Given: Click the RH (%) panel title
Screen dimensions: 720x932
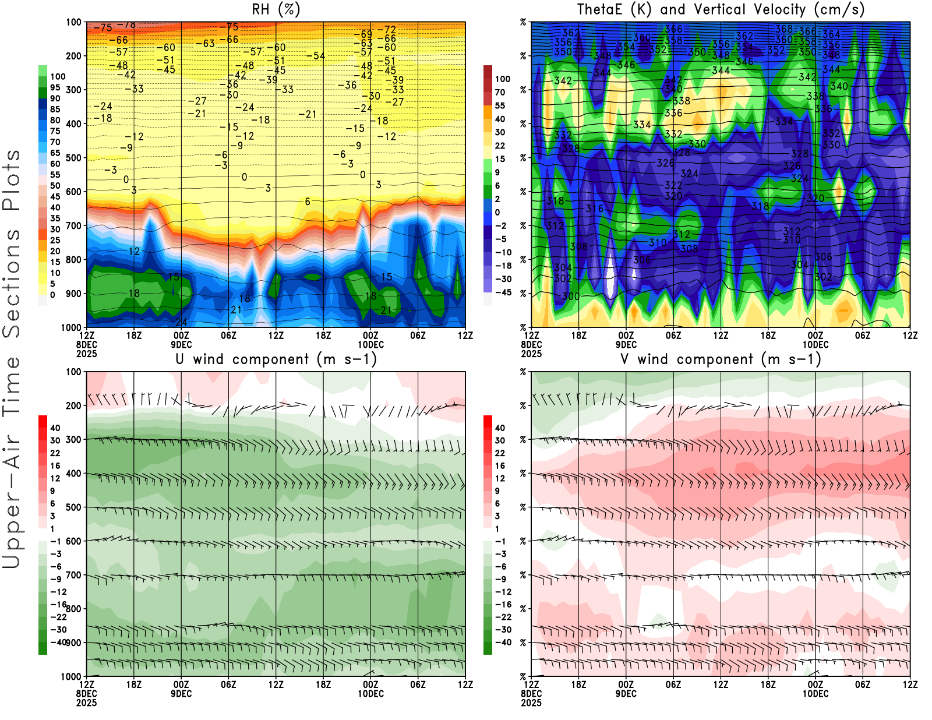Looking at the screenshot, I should pyautogui.click(x=276, y=10).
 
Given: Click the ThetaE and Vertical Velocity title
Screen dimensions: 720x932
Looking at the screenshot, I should pyautogui.click(x=721, y=10).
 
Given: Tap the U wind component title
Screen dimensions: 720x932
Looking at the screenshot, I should pyautogui.click(x=276, y=359).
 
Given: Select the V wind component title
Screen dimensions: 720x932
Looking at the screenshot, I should pyautogui.click(x=721, y=359).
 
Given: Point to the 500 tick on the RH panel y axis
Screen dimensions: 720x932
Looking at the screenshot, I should pyautogui.click(x=73, y=158).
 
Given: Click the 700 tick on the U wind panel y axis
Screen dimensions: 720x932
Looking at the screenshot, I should pyautogui.click(x=73, y=576).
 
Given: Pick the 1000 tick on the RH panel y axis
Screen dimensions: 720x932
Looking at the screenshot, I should pyautogui.click(x=71, y=327).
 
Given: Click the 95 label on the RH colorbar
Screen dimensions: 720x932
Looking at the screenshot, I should pyautogui.click(x=55, y=87).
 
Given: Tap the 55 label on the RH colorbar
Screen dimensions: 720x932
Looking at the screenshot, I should pyautogui.click(x=55, y=175).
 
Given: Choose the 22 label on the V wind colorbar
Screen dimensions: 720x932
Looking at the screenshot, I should pyautogui.click(x=500, y=453).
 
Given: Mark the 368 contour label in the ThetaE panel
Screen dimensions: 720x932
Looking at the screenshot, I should pyautogui.click(x=783, y=29).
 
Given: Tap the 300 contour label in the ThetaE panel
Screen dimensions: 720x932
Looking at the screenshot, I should pyautogui.click(x=571, y=297).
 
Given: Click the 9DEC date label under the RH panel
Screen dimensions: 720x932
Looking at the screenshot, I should pyautogui.click(x=181, y=344).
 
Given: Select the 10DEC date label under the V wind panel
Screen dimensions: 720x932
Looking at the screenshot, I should pyautogui.click(x=815, y=694).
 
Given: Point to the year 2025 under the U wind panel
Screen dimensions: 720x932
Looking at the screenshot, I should pyautogui.click(x=87, y=703).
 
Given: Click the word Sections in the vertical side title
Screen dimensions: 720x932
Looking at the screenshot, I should pyautogui.click(x=12, y=283).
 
